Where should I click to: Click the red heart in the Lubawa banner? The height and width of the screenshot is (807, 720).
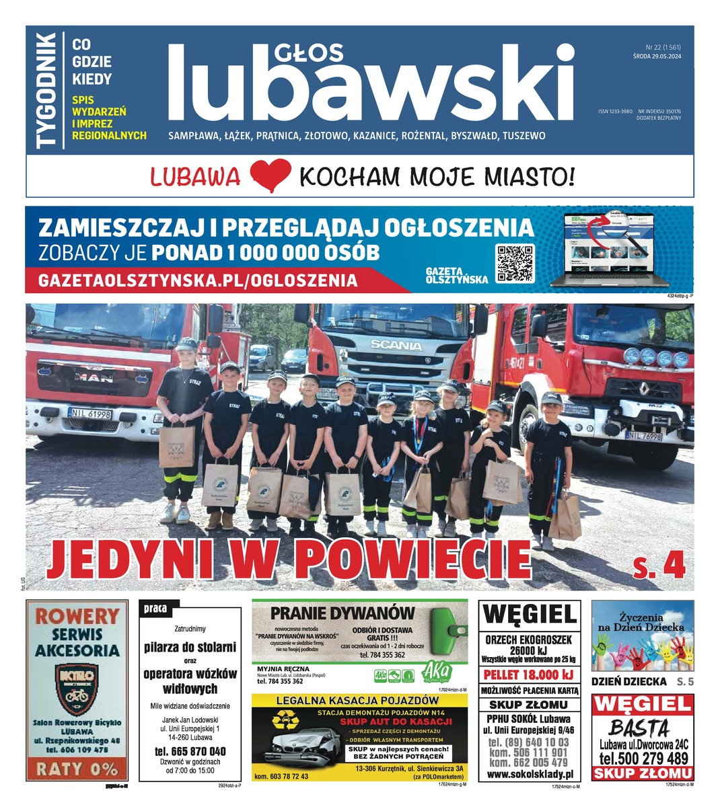click(x=269, y=176)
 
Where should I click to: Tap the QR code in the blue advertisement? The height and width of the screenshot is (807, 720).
click(x=515, y=263)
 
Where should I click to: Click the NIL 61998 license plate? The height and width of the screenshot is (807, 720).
click(x=89, y=414)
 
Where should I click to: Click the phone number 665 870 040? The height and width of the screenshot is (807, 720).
click(x=190, y=751)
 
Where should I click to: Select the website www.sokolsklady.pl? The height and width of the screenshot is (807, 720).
click(x=529, y=774)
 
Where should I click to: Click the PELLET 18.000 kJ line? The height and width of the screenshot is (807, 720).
click(x=529, y=675)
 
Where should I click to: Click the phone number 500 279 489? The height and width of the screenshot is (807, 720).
click(x=643, y=759)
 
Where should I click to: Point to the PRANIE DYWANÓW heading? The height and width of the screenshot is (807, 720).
click(x=342, y=613)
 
